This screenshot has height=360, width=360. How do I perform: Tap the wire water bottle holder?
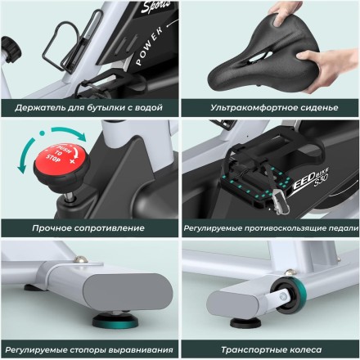[71, 43]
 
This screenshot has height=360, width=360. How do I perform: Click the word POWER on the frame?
[149, 46]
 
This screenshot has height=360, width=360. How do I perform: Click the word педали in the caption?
[344, 228]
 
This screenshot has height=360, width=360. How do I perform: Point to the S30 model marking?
[321, 180]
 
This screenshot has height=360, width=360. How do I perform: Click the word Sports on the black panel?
[156, 7]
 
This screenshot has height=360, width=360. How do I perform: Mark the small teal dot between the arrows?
[42, 133]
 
